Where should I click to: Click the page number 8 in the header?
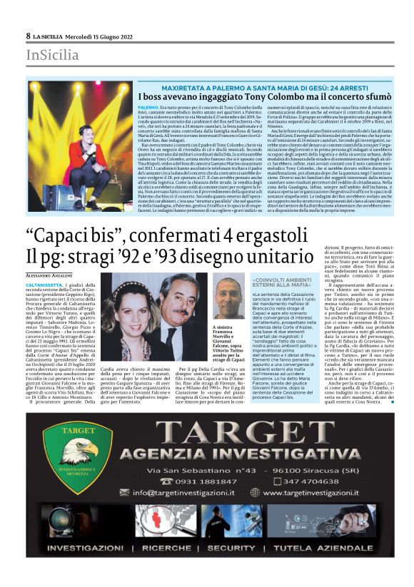pos(28,35)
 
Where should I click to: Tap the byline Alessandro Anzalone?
pos(54,274)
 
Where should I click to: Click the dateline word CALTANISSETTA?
pos(45,285)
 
